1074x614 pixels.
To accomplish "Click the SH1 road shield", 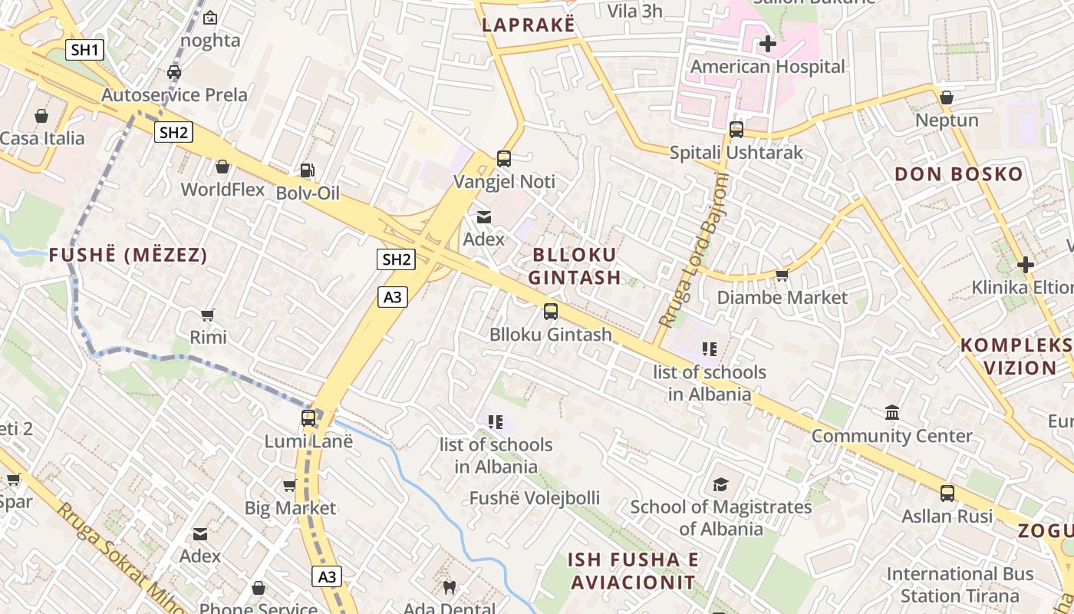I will (x=84, y=51).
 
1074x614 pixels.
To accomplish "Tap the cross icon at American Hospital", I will (x=767, y=44).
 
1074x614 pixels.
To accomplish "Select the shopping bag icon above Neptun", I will (x=947, y=97).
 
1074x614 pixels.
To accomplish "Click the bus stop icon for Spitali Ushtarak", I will (x=736, y=130).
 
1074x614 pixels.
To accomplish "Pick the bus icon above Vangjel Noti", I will (x=504, y=159).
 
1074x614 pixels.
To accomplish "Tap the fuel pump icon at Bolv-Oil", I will (x=307, y=170).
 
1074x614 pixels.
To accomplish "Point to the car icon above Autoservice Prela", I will (x=174, y=72).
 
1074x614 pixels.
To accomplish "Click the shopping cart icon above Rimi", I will (x=207, y=315).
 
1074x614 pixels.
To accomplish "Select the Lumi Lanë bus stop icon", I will (x=308, y=418).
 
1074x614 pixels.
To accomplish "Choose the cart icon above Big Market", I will (x=289, y=485).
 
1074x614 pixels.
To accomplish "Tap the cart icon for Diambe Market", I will (x=782, y=274).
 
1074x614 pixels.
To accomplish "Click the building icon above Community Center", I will (x=892, y=413).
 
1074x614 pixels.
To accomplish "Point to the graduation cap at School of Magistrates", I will (x=720, y=484).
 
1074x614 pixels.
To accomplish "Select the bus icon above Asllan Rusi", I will (x=947, y=494).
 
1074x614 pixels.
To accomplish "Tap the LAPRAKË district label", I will (x=528, y=25).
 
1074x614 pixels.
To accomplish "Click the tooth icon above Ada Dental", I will (x=450, y=588).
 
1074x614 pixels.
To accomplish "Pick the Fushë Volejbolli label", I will (x=535, y=498).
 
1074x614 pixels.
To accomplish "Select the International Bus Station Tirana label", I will (x=960, y=585).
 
